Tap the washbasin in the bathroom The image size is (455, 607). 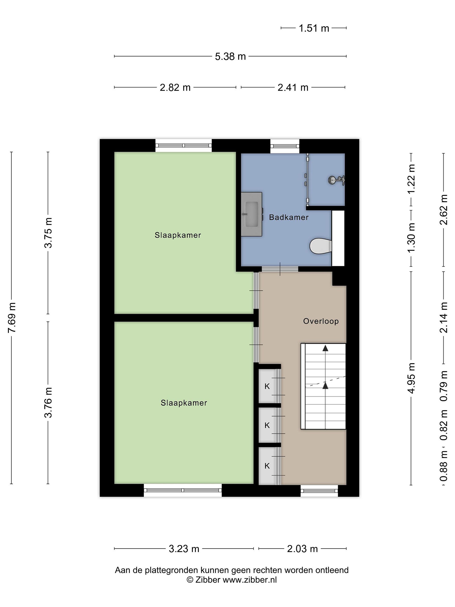(251, 214)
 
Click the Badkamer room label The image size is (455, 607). (289, 217)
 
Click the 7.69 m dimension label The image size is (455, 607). (12, 317)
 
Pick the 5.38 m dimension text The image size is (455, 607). (230, 56)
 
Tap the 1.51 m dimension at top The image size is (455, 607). (313, 28)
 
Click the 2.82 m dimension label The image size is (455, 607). (175, 87)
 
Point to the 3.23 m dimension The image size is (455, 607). (184, 549)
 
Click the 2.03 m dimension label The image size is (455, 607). (302, 549)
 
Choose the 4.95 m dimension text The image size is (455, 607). (411, 378)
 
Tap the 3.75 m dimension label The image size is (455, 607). (48, 233)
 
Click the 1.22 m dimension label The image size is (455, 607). (411, 179)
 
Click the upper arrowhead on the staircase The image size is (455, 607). (325, 348)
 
